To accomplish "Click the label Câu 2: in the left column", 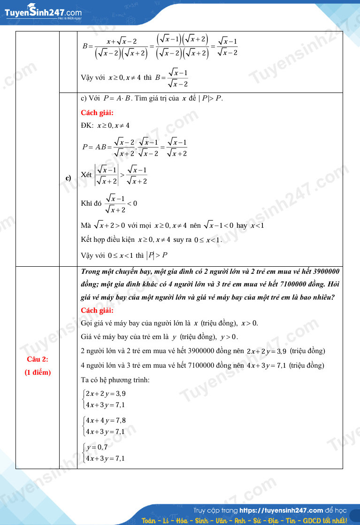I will tap(38, 360).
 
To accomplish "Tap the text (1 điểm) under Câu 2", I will tap(38, 372).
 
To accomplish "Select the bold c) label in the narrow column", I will tap(68, 178).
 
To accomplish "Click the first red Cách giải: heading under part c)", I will tap(97, 113).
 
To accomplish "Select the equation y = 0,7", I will tap(97, 447).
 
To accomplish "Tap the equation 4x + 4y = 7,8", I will tap(105, 420).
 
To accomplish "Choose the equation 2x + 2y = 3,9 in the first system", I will tap(105, 394).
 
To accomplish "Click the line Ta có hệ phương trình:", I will tap(115, 379).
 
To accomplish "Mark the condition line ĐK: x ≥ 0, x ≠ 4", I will tap(105, 125).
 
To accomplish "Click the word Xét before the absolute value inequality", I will tap(86, 175).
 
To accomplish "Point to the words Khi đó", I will tap(91, 203).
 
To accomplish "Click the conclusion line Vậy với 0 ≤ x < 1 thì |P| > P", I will tap(124, 255).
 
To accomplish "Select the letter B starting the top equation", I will tap(85, 46).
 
